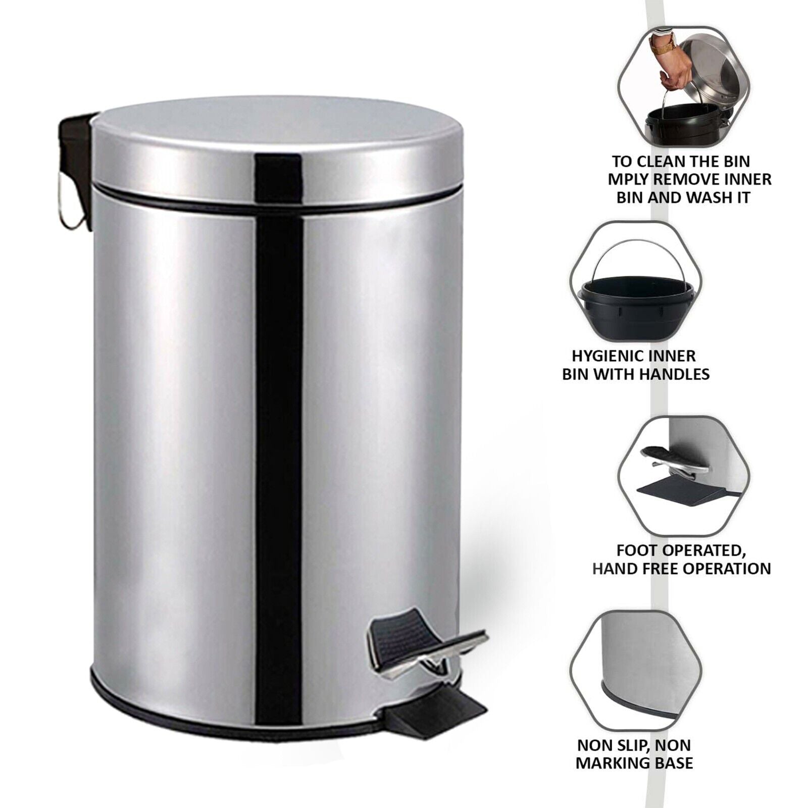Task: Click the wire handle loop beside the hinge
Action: coord(69,212)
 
